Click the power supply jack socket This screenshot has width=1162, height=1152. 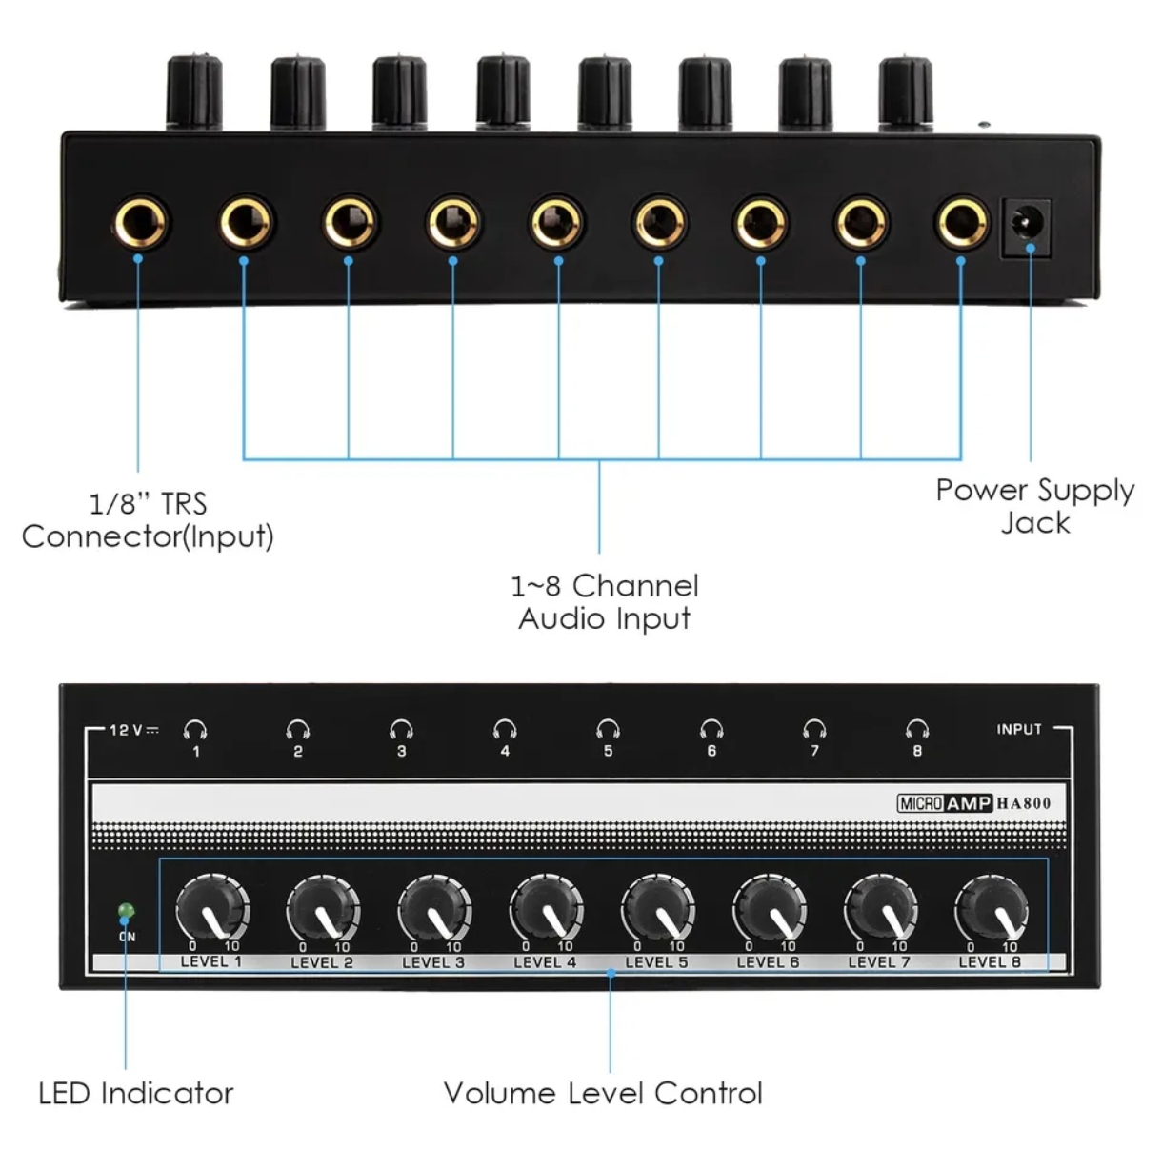(x=1027, y=227)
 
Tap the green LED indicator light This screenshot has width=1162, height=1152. (x=125, y=912)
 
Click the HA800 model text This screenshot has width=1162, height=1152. (x=1024, y=803)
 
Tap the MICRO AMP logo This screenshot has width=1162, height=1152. (x=945, y=803)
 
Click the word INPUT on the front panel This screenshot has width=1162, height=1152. (x=1019, y=729)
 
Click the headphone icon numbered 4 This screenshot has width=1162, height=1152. (x=505, y=730)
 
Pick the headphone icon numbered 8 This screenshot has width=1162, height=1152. (x=917, y=730)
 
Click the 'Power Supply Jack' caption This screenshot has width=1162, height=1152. (x=1035, y=506)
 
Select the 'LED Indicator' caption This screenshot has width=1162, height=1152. (x=136, y=1093)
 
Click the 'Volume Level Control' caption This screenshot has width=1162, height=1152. (x=603, y=1093)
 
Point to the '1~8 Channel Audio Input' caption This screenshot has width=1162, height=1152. (x=605, y=601)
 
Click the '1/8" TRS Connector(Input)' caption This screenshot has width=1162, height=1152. (x=148, y=519)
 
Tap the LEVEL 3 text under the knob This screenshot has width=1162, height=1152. (x=433, y=962)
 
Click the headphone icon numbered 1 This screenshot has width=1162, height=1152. (x=196, y=730)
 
